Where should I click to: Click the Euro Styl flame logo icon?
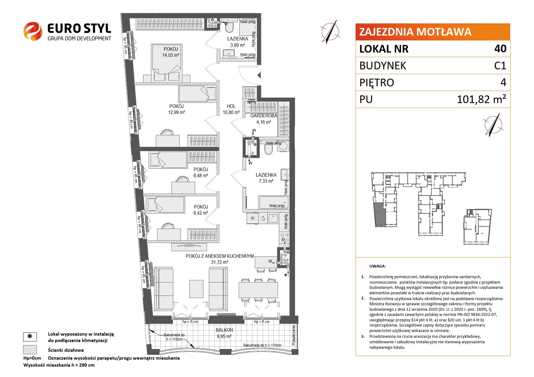tap(33, 31)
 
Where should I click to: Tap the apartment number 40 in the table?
tap(501, 49)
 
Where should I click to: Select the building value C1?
tap(500, 66)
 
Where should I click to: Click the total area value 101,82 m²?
tap(482, 99)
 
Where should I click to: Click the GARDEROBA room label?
tap(264, 116)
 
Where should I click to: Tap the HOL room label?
tap(231, 106)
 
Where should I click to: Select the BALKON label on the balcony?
tap(224, 330)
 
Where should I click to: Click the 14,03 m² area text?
tap(170, 55)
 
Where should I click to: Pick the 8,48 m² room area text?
tap(201, 175)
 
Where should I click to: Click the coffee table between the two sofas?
tap(196, 289)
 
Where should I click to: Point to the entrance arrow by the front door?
tap(259, 75)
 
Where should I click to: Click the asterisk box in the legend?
tap(30, 337)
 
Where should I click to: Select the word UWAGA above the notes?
tap(378, 266)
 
